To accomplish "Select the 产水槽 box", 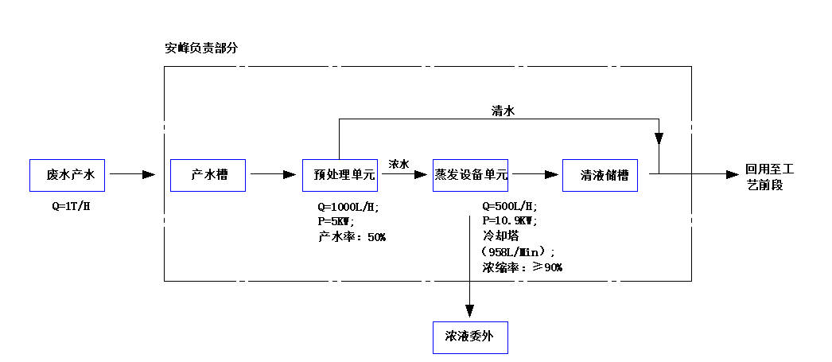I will [208, 175].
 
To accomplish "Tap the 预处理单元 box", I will [340, 175].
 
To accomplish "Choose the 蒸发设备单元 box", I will [470, 175].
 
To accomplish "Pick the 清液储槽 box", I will [600, 175].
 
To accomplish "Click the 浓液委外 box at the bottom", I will [469, 337].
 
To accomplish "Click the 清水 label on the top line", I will [503, 111].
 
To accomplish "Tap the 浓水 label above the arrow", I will [399, 164].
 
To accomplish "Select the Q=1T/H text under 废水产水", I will [69, 207].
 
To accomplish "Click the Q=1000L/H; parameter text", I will [348, 207].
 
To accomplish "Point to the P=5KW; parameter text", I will [336, 221].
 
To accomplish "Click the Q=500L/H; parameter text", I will [510, 207].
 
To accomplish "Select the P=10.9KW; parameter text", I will [510, 221].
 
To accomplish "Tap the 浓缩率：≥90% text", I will [522, 267].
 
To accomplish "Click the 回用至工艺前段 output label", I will [769, 177].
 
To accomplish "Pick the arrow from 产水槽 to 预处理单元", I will [274, 174].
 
